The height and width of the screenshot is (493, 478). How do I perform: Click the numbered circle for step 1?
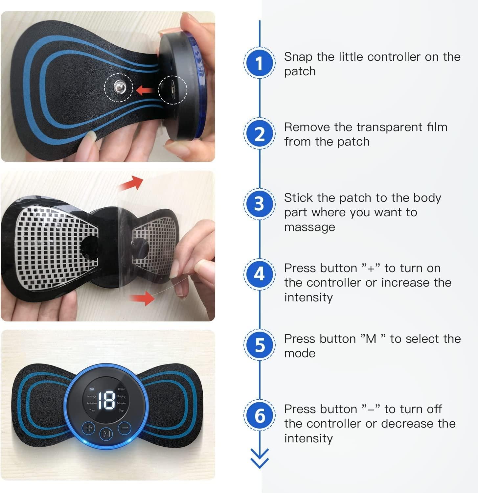[x=260, y=63]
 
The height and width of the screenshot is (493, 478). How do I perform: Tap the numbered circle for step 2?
[x=260, y=133]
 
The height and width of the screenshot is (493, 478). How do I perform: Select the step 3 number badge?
[x=260, y=204]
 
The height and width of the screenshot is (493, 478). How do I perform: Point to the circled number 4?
[x=260, y=274]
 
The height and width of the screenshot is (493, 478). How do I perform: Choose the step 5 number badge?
[x=260, y=345]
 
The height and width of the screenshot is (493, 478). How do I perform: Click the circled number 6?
[x=260, y=415]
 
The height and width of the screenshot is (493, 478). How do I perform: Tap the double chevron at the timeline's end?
[x=260, y=458]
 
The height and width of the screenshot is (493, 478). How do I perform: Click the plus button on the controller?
[x=88, y=428]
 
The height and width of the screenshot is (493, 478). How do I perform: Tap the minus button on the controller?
[x=125, y=428]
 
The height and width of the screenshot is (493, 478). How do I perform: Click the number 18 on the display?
[x=106, y=400]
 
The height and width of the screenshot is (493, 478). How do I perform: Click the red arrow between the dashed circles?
[x=146, y=89]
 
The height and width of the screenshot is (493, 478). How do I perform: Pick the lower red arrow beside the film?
[x=142, y=298]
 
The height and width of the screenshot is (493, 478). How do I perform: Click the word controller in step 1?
[x=394, y=57]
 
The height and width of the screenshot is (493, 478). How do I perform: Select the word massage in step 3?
[x=309, y=227]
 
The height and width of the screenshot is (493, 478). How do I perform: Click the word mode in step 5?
[x=300, y=353]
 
